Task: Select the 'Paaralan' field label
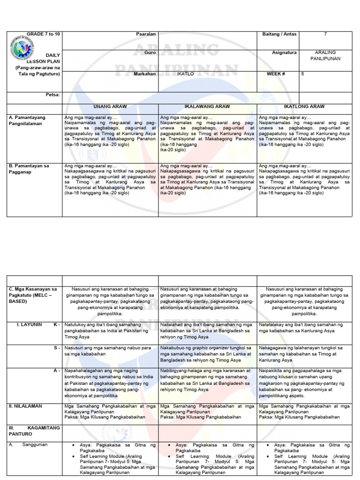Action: (145, 35)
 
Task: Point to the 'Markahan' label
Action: (145, 74)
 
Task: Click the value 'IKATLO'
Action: (182, 74)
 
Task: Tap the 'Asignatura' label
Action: (285, 53)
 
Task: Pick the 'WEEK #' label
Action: (282, 74)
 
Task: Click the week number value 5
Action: (302, 74)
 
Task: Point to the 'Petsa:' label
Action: (52, 95)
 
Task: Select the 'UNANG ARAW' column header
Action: (111, 107)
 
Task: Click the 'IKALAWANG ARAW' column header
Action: (208, 107)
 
